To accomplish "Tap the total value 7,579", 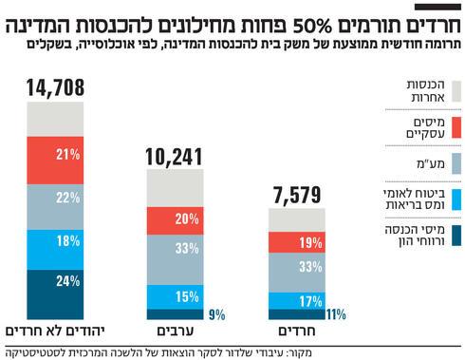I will (x=296, y=196).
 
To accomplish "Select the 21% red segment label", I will (x=67, y=154).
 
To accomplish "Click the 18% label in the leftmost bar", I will (x=67, y=242).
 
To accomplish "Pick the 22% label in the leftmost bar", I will (x=67, y=198).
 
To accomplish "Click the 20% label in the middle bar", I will (x=187, y=219).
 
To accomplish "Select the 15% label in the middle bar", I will (x=187, y=294).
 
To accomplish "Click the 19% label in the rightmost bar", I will (x=308, y=242).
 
